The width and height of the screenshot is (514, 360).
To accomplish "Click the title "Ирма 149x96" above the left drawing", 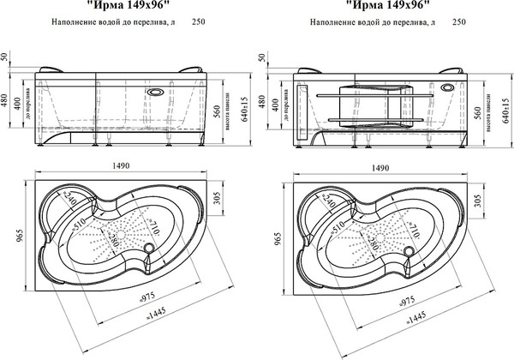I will [x=120, y=4].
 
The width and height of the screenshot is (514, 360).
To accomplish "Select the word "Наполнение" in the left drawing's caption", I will [x=76, y=23].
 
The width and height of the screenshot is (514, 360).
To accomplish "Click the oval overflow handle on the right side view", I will [x=449, y=87].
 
